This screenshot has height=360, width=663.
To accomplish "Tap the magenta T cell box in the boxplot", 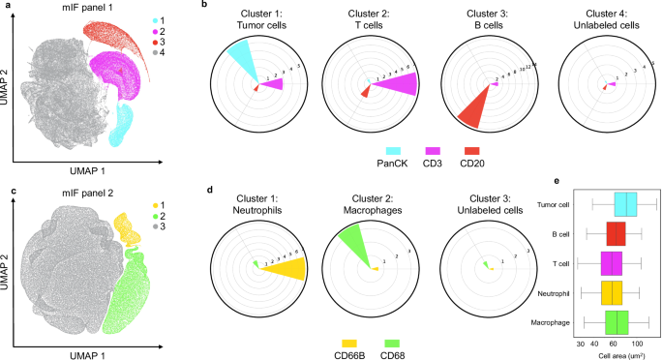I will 612,263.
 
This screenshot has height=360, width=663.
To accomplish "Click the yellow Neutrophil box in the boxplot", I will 612,292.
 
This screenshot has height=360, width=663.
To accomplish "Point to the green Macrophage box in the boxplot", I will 617,321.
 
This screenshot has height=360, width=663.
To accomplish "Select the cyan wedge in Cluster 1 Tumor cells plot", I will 237,61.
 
